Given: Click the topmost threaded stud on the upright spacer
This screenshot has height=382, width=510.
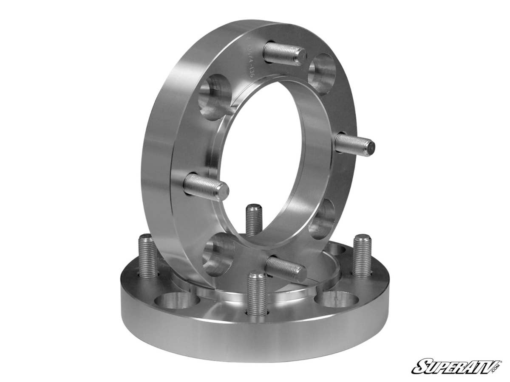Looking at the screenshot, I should pyautogui.click(x=284, y=54).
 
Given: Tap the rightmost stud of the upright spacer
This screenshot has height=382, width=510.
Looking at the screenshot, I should pyautogui.click(x=354, y=145).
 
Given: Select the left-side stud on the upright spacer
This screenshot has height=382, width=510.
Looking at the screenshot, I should pyautogui.click(x=206, y=187).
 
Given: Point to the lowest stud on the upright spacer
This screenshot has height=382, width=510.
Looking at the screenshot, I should pyautogui.click(x=285, y=268).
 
